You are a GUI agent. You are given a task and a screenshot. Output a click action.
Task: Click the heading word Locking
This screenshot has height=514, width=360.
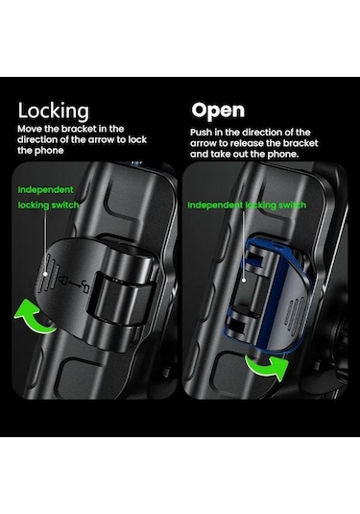point(53,111)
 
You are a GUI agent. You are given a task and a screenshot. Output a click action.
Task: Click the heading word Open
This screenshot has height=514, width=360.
point(218,110)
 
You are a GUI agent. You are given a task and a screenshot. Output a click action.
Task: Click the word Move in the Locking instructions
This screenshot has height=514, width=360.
point(30,129)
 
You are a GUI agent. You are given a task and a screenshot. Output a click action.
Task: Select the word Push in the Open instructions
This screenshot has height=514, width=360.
point(201,133)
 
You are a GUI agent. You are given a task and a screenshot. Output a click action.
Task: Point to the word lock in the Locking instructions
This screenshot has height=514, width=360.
point(137,139)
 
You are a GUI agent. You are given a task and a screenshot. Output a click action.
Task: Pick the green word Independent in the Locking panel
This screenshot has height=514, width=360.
point(45,190)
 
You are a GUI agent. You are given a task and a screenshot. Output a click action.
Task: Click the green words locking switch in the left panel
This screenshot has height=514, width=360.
point(49,206)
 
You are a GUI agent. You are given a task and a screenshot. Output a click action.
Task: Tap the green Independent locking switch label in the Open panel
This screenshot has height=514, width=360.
point(247,206)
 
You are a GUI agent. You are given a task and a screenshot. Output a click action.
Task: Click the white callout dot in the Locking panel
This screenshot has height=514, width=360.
point(46,274)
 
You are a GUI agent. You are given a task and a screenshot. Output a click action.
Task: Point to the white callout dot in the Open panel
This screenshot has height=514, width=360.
point(244,281)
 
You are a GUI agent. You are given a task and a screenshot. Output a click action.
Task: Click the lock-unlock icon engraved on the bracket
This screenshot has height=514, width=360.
point(74,285)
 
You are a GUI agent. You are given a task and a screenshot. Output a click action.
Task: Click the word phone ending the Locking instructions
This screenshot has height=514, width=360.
point(50,151)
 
